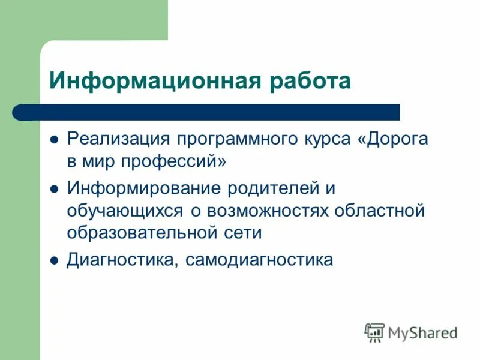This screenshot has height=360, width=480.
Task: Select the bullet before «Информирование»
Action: click(x=54, y=189)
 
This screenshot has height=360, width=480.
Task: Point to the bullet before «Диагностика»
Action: click(x=54, y=261)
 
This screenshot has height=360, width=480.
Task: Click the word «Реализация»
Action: click(x=118, y=139)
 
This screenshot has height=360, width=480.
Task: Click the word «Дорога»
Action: click(x=393, y=139)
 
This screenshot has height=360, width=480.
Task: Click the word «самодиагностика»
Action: click(x=259, y=260)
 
